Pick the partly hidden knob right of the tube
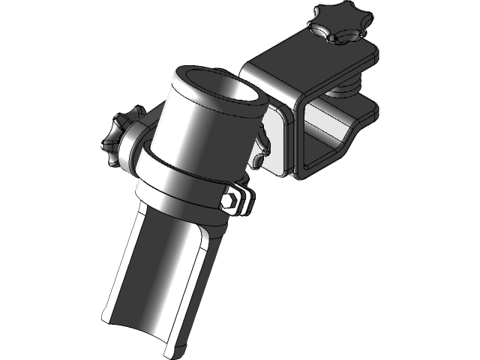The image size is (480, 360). coord(262,146)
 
